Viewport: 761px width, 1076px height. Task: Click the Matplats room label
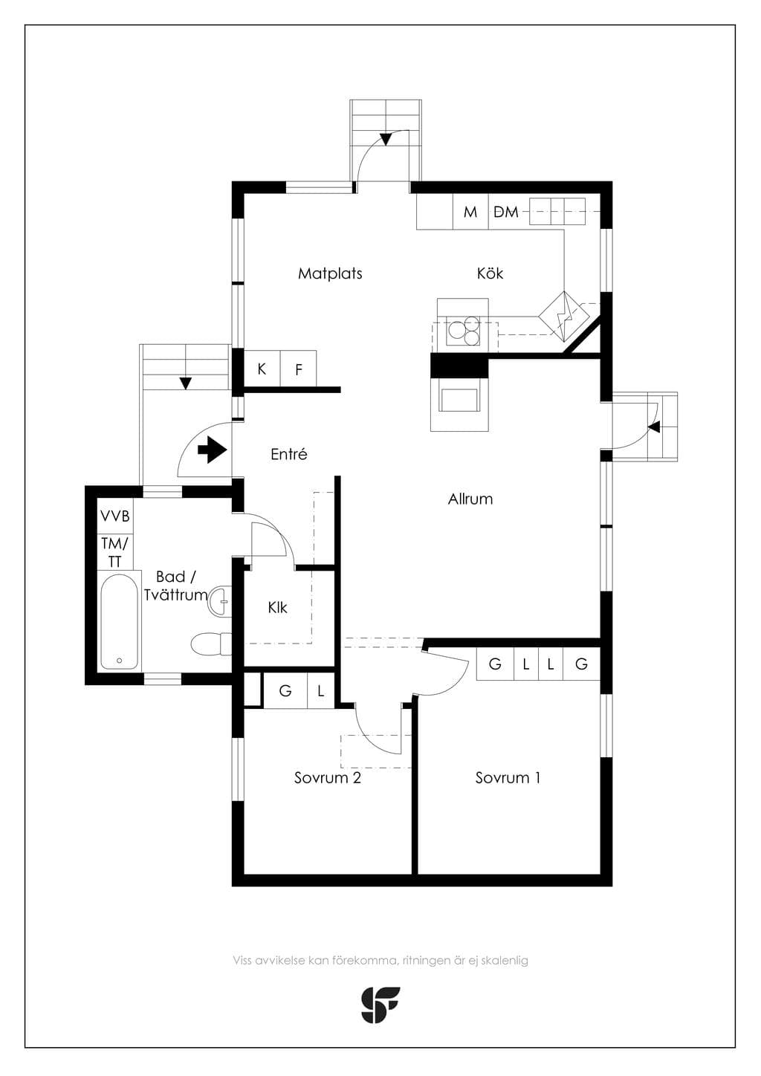pos(330,273)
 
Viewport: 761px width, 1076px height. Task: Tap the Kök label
pos(490,273)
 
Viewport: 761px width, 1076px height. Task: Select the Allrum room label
pos(470,499)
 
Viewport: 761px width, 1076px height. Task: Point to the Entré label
pos(289,454)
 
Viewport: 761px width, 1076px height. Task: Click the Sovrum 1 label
pos(508,778)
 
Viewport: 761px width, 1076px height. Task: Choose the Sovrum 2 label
pos(327,778)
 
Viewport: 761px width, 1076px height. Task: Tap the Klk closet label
pos(278,608)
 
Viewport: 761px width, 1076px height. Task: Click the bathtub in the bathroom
pos(119,620)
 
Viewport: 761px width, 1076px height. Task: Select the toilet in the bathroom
pos(211,644)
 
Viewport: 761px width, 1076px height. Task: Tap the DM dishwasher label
pos(506,212)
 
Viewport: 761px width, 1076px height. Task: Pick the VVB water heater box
pos(115,516)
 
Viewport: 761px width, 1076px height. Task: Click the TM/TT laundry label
pos(115,552)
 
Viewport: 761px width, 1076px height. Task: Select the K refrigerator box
pos(262,369)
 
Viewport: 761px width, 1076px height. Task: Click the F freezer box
pos(298,369)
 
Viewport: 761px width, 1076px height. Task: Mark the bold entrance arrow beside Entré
pos(212,450)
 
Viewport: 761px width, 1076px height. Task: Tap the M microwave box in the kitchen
pos(471,212)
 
